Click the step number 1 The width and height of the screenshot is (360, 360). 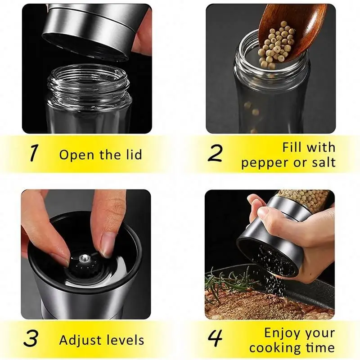coord(34,153)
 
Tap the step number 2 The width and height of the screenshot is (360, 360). coord(216,153)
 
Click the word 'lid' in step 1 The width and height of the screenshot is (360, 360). coord(132,155)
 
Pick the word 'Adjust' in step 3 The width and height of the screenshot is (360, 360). coord(81,340)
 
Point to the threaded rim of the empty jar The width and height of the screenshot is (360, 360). coord(88,83)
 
